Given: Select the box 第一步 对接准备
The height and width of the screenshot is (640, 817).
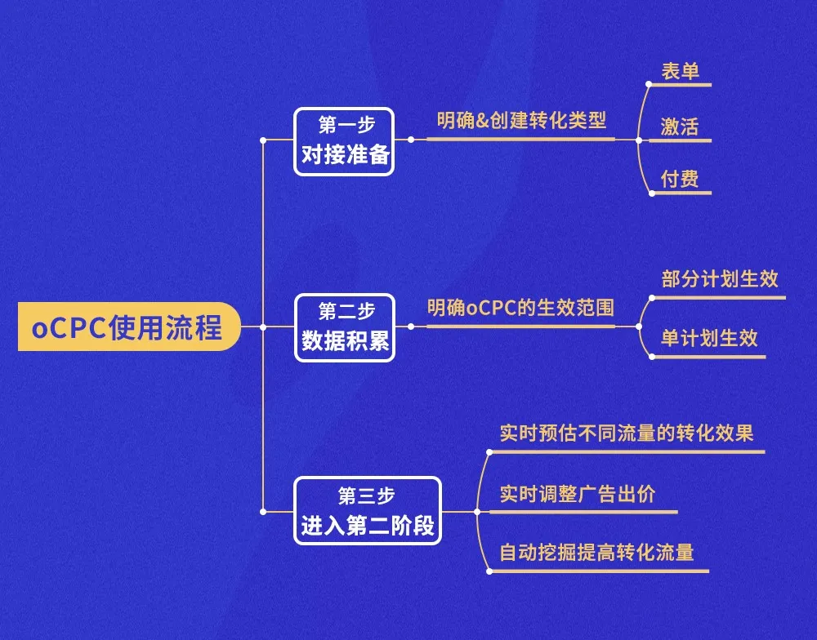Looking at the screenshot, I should point(344,141).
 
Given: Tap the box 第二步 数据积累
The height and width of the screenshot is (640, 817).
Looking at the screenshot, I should point(344,327).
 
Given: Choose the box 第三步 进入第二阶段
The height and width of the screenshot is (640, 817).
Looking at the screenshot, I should point(367,511).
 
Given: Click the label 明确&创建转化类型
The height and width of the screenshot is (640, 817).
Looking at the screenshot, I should point(521,121).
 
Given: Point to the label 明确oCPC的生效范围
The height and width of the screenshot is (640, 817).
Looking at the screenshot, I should point(520,309).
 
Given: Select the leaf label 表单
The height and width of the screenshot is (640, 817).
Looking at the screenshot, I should point(680,71).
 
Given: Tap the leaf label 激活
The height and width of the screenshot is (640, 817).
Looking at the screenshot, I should point(680,127).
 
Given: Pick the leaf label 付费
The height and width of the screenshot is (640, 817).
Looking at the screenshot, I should point(680,180).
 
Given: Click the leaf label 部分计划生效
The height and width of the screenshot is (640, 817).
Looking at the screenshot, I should point(720,279).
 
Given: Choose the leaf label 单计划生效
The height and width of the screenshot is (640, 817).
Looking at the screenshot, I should point(709,338).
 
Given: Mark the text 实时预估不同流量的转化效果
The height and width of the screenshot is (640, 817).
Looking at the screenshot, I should point(627,433).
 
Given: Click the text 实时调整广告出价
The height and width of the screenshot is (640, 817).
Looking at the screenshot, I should point(577,495).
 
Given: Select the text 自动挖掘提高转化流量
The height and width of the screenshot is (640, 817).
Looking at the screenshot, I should point(596,553).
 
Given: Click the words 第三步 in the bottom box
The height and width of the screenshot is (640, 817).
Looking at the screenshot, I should point(367,495).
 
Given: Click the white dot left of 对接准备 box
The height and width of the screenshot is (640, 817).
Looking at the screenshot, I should point(262,140).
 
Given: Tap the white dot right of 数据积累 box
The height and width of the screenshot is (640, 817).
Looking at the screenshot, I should point(410,327).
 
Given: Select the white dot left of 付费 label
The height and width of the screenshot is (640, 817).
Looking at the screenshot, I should point(651,193).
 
